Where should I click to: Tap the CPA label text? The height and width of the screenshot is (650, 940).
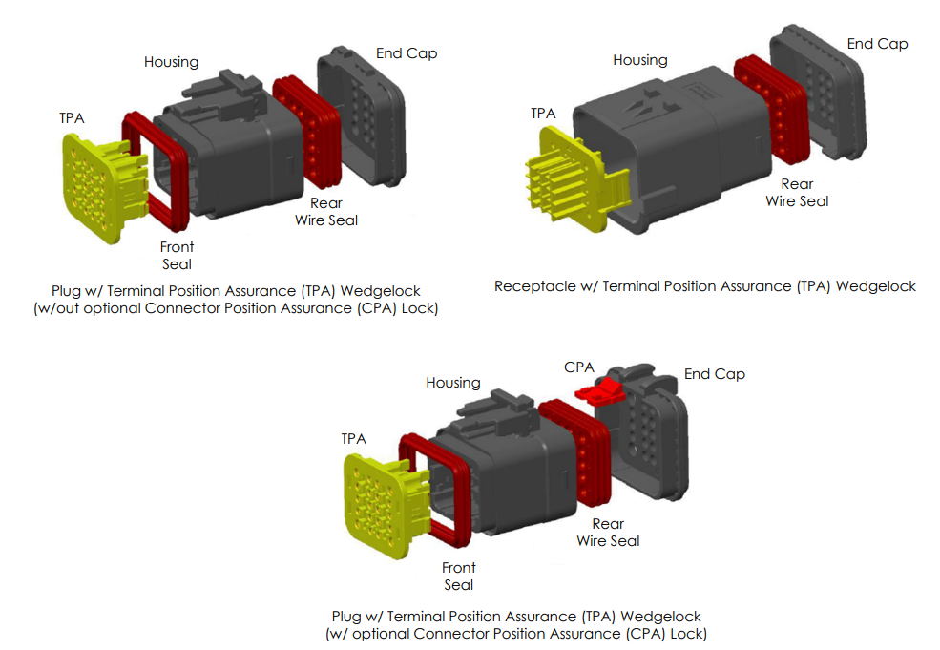[x=579, y=367]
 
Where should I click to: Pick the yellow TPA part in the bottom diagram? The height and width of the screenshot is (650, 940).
[x=378, y=506]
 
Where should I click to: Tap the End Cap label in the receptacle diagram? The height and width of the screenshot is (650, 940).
[x=877, y=43]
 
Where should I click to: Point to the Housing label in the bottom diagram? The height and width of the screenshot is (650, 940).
[x=453, y=383]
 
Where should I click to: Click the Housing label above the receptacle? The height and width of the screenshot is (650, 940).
[x=639, y=60]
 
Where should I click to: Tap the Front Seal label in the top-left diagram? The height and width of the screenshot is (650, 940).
[x=177, y=256]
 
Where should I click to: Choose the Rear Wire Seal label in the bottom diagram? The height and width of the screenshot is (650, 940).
[x=608, y=532]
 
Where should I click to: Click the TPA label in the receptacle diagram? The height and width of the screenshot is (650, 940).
[x=543, y=114]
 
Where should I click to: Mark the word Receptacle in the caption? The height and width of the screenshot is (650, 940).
[x=533, y=286]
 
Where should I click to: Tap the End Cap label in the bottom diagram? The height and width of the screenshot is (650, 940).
[x=714, y=374]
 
